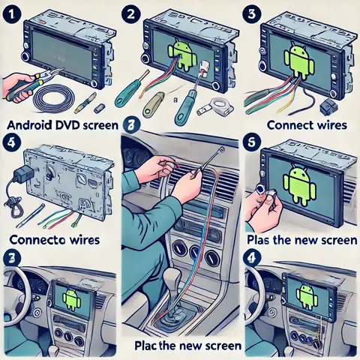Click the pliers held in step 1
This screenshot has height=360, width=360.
(x=37, y=79)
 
